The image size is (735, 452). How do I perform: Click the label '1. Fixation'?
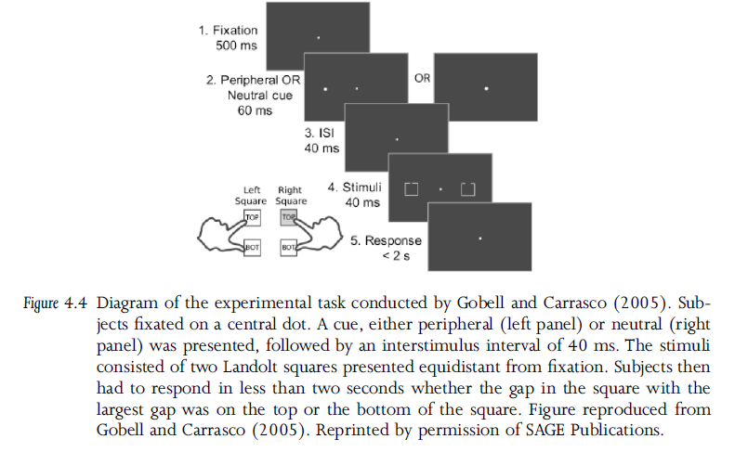point(227,31)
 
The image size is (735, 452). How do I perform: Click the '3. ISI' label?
point(320,134)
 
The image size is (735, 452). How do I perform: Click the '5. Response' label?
point(386,241)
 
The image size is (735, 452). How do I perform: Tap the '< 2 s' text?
point(398,256)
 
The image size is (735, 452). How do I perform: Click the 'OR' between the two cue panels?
point(421,79)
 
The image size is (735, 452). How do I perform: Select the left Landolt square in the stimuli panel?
point(410,189)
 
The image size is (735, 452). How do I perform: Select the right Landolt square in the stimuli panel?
point(467,190)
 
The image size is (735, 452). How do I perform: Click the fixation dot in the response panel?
point(479,239)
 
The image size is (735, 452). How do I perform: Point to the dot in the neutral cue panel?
point(486,88)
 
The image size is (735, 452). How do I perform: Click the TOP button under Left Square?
point(252,217)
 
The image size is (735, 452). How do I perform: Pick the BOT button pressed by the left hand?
point(252,249)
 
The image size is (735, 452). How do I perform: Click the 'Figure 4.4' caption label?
point(59,304)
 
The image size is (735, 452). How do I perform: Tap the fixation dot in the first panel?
point(318,37)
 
